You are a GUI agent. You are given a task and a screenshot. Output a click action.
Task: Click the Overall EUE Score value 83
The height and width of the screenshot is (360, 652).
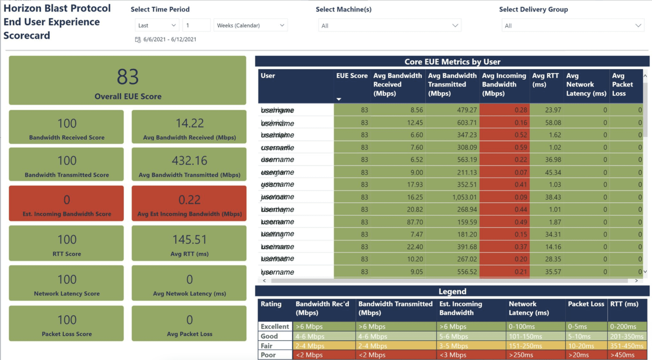click(x=128, y=77)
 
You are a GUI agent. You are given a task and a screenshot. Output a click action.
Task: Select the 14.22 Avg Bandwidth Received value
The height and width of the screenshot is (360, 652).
click(x=189, y=123)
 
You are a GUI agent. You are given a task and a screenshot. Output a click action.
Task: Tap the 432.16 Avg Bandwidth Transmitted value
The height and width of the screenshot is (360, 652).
click(x=189, y=161)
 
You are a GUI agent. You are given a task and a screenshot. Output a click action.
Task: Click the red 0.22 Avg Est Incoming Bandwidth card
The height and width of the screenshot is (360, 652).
click(x=189, y=203)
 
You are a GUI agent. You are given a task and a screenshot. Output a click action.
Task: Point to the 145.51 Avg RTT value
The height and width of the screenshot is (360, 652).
click(x=189, y=240)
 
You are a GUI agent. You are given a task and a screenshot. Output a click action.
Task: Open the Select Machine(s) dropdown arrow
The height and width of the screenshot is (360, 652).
click(x=455, y=25)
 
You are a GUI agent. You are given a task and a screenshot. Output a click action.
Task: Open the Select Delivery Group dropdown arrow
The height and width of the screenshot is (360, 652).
click(x=638, y=25)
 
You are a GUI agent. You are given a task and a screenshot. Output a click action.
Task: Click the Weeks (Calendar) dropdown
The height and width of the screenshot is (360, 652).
click(x=250, y=25)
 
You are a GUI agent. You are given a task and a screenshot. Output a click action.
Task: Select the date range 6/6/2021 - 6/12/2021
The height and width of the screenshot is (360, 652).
click(x=169, y=39)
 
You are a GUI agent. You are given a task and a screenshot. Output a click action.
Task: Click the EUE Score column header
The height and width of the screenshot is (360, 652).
click(x=351, y=76)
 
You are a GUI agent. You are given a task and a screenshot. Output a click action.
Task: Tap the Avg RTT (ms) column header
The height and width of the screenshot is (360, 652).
click(x=545, y=80)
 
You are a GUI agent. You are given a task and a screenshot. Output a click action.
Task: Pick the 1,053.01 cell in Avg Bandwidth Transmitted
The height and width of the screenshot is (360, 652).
click(x=464, y=197)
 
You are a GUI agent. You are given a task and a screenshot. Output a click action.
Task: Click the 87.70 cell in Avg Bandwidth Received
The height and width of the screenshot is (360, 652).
click(x=415, y=222)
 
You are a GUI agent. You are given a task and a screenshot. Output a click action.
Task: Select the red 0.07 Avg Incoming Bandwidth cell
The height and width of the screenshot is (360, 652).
click(x=521, y=173)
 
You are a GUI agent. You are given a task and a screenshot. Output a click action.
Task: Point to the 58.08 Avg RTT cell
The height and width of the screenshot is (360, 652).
click(x=553, y=123)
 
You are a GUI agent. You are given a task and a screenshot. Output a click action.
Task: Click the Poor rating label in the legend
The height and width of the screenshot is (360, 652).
click(x=268, y=355)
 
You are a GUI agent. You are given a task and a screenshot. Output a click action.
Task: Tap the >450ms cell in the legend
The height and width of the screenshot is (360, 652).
click(x=622, y=355)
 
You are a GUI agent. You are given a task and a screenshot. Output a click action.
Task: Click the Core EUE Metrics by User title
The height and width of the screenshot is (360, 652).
click(x=452, y=62)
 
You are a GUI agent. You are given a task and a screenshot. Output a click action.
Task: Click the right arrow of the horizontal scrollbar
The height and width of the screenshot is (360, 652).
click(x=636, y=281)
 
